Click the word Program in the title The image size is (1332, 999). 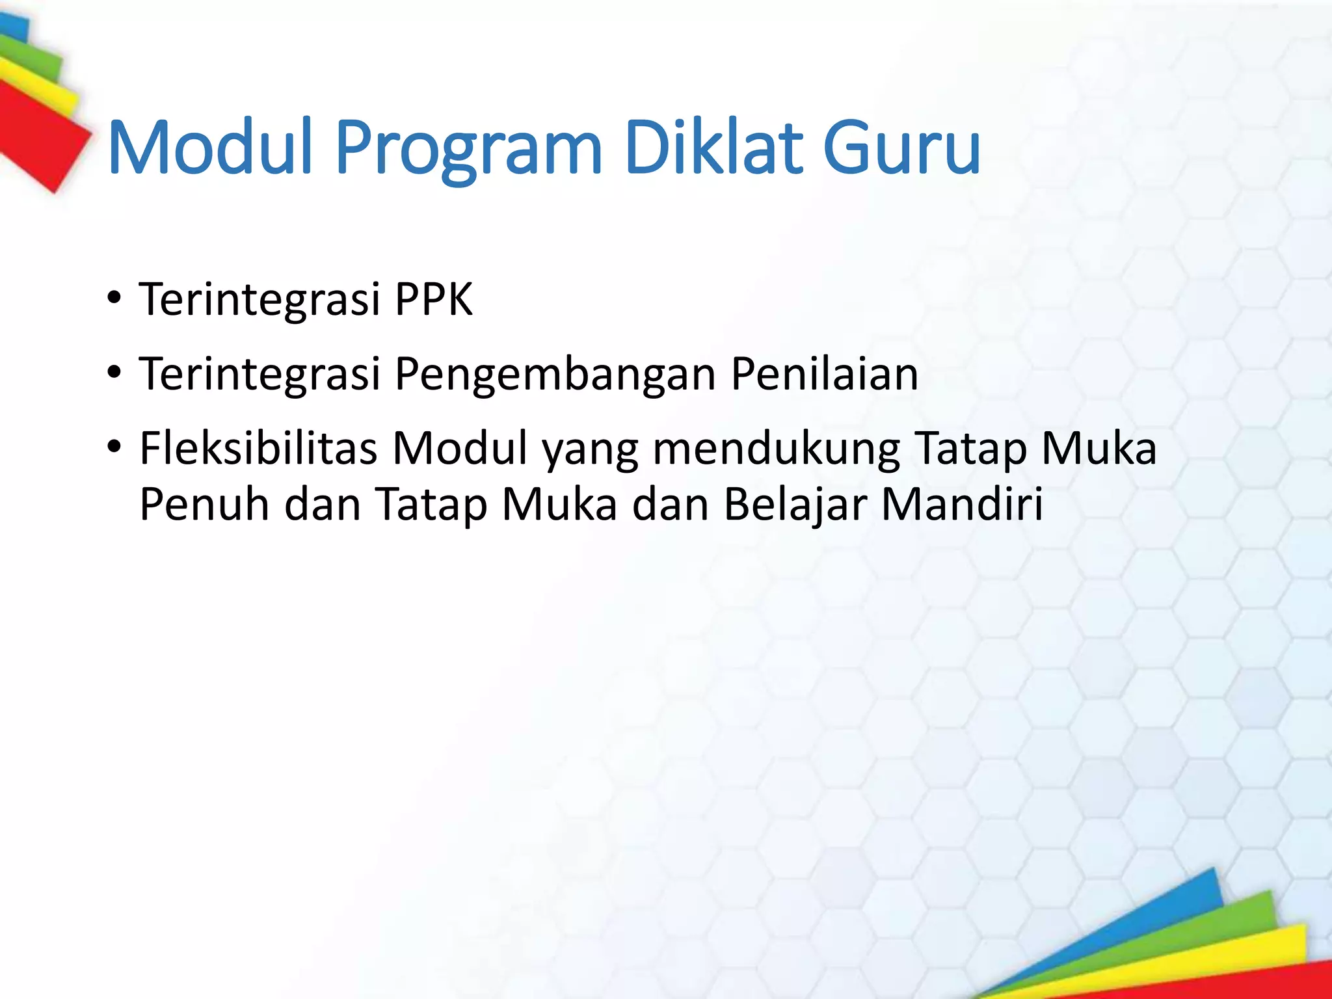(x=468, y=150)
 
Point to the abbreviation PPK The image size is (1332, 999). (x=434, y=300)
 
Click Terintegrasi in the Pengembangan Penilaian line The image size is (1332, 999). (x=260, y=375)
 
